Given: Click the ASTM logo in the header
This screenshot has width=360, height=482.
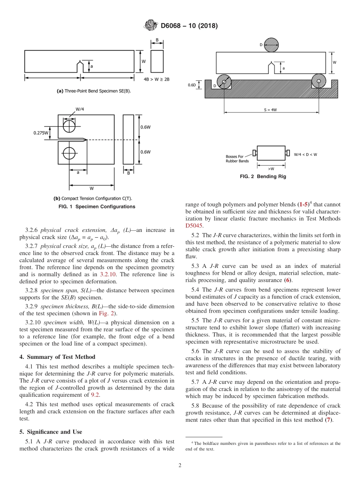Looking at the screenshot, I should tap(151, 26).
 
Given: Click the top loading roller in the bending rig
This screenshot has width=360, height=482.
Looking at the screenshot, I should tap(271, 45).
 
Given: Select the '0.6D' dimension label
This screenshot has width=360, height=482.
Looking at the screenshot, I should tap(192, 85).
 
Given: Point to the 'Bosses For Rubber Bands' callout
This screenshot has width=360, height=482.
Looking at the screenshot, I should tap(237, 159).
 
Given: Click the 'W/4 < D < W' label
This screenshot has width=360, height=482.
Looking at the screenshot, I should tap(305, 154).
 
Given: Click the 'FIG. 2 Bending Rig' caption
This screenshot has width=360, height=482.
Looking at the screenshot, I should tap(263, 177).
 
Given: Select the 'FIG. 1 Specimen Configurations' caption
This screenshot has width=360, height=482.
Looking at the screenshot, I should tap(97, 207).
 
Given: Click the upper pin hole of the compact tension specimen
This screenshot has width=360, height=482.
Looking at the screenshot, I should tap(69, 125).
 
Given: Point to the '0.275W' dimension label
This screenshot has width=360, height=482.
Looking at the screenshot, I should tap(41, 133).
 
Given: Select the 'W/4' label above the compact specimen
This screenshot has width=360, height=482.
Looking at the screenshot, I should tap(80, 109).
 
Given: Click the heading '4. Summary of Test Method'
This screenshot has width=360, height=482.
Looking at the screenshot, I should tap(57, 357).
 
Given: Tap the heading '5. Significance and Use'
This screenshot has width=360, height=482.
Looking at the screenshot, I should tap(51, 432).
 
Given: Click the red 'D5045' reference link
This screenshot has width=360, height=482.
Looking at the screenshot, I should tap(194, 226).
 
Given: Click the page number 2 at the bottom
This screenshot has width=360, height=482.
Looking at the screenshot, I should tap(180, 465).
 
